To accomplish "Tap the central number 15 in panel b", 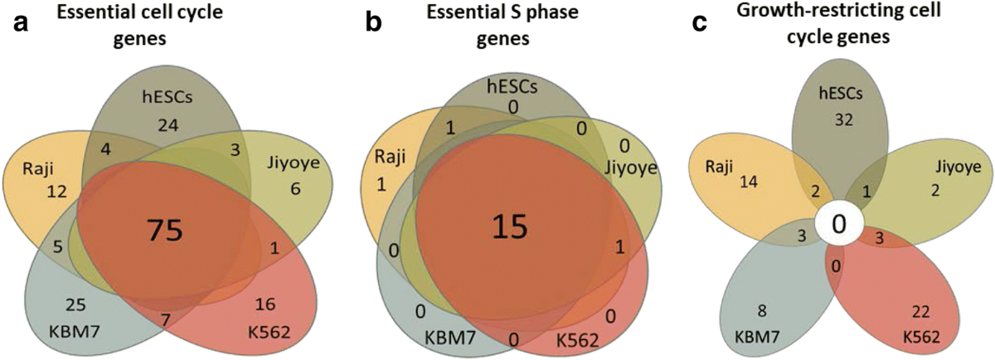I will [507, 225].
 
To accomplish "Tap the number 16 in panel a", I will [241, 301].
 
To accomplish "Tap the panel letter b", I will [374, 24].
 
